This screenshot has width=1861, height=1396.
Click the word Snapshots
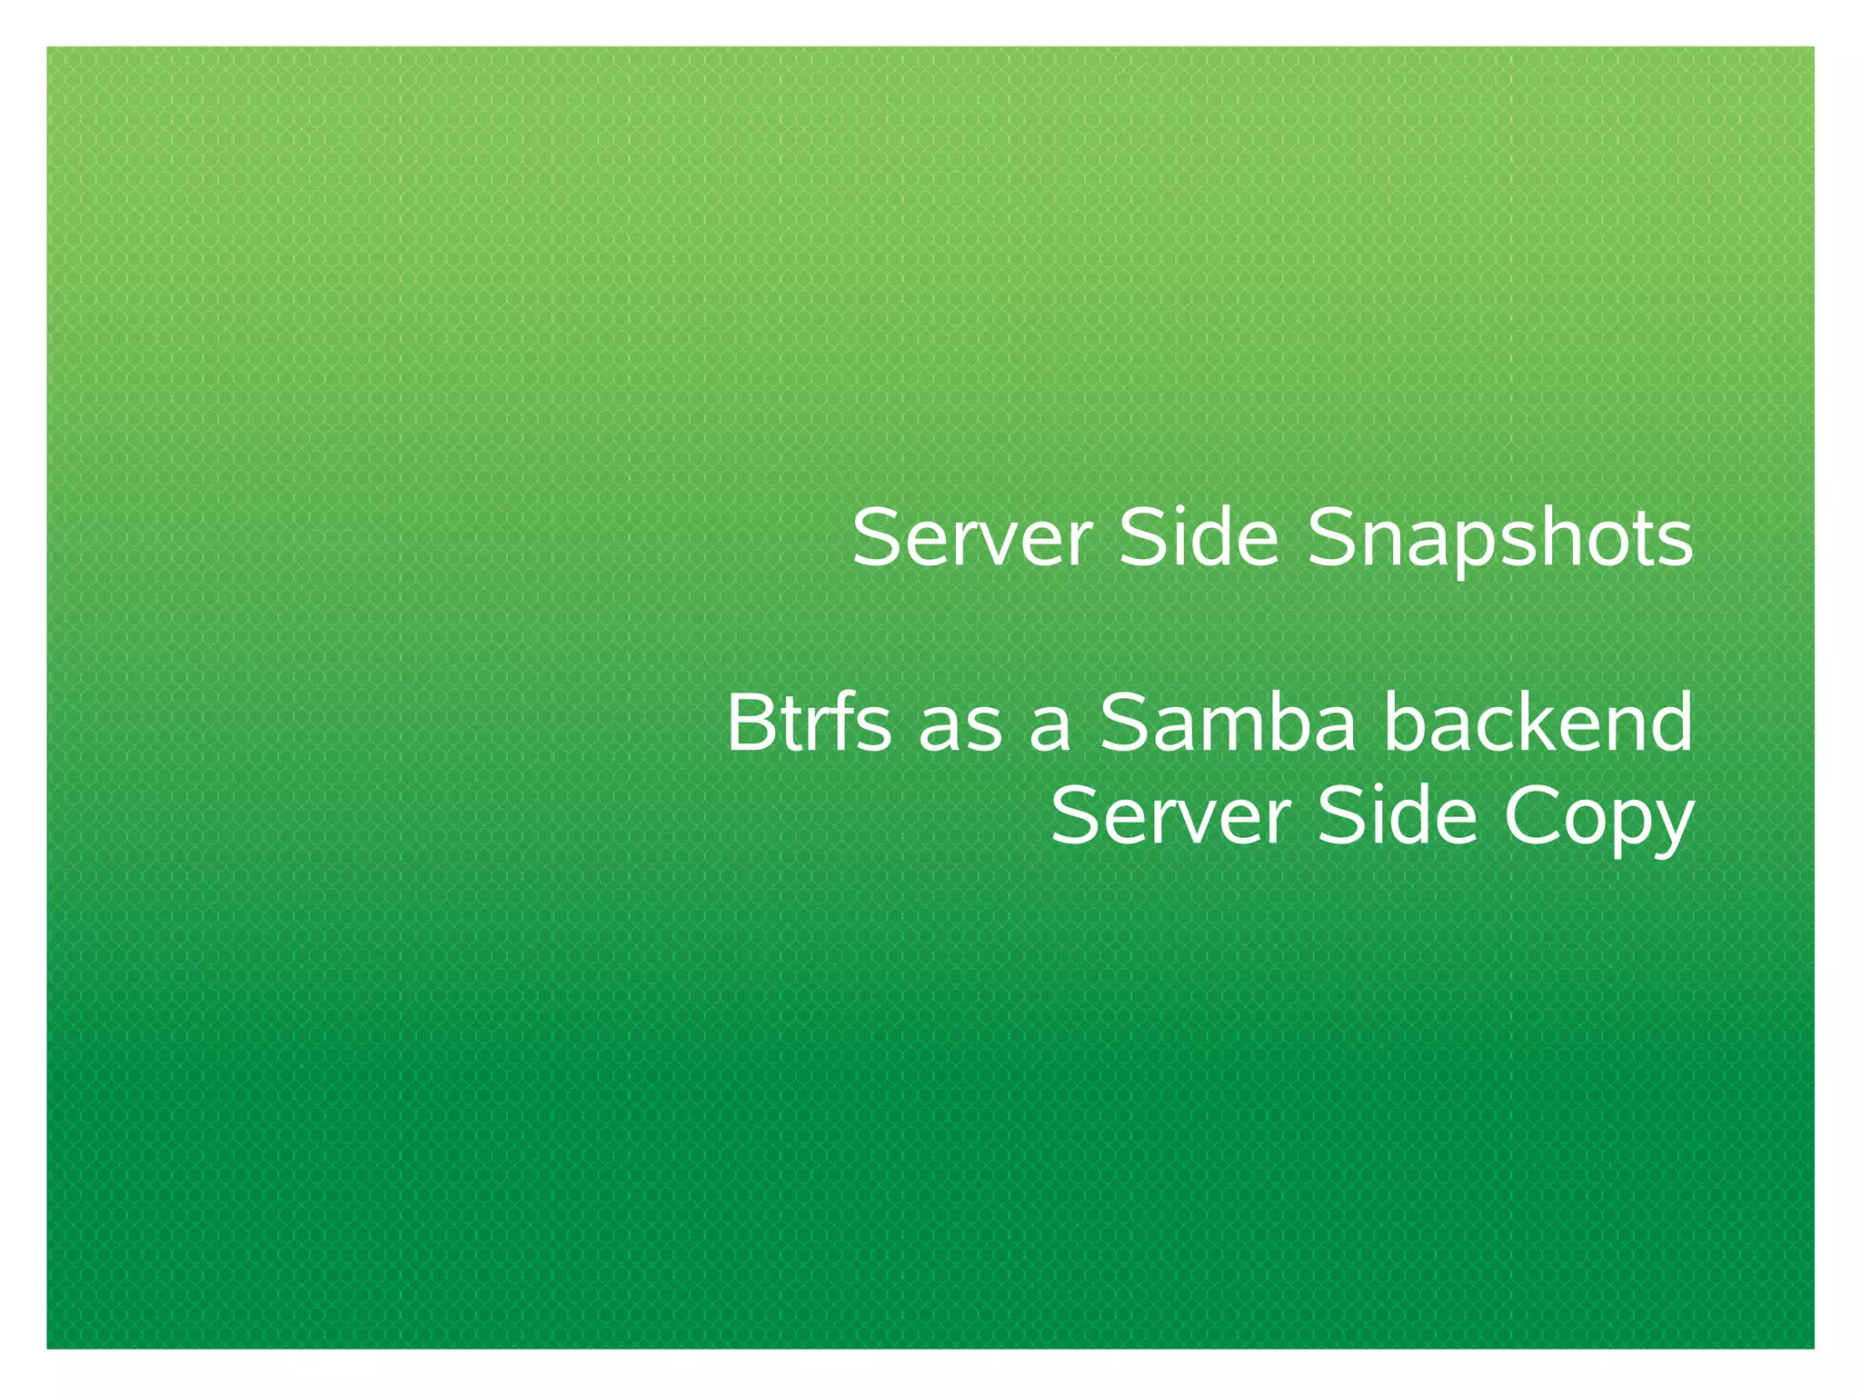pyautogui.click(x=1499, y=540)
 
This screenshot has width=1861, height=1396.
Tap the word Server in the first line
pyautogui.click(x=970, y=538)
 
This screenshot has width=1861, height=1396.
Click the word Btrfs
pyautogui.click(x=808, y=723)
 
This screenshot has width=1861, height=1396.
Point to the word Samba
pyautogui.click(x=1228, y=723)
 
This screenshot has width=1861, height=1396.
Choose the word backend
pyautogui.click(x=1538, y=723)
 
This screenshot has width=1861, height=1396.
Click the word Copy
pyautogui.click(x=1598, y=818)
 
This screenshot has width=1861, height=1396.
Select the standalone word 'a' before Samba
pyautogui.click(x=1050, y=733)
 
